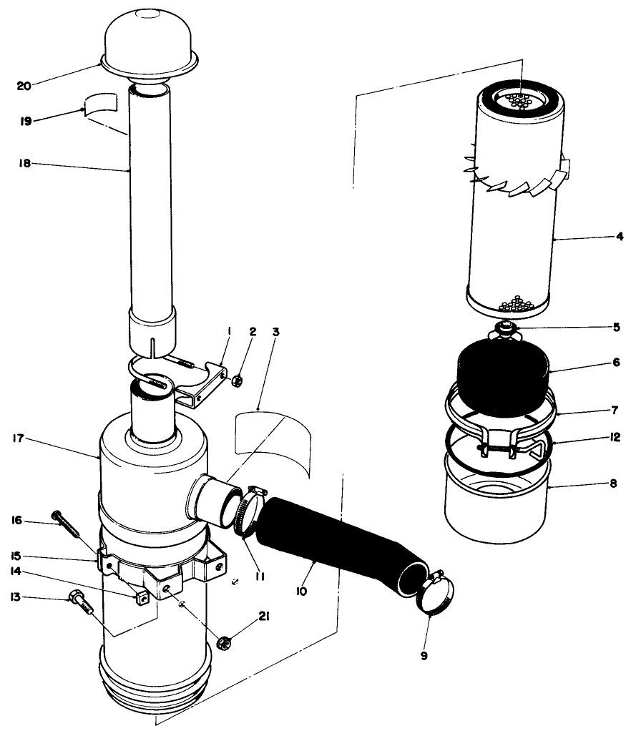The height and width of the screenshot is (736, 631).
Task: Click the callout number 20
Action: click(24, 86)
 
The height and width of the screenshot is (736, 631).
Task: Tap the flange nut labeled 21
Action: click(222, 643)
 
